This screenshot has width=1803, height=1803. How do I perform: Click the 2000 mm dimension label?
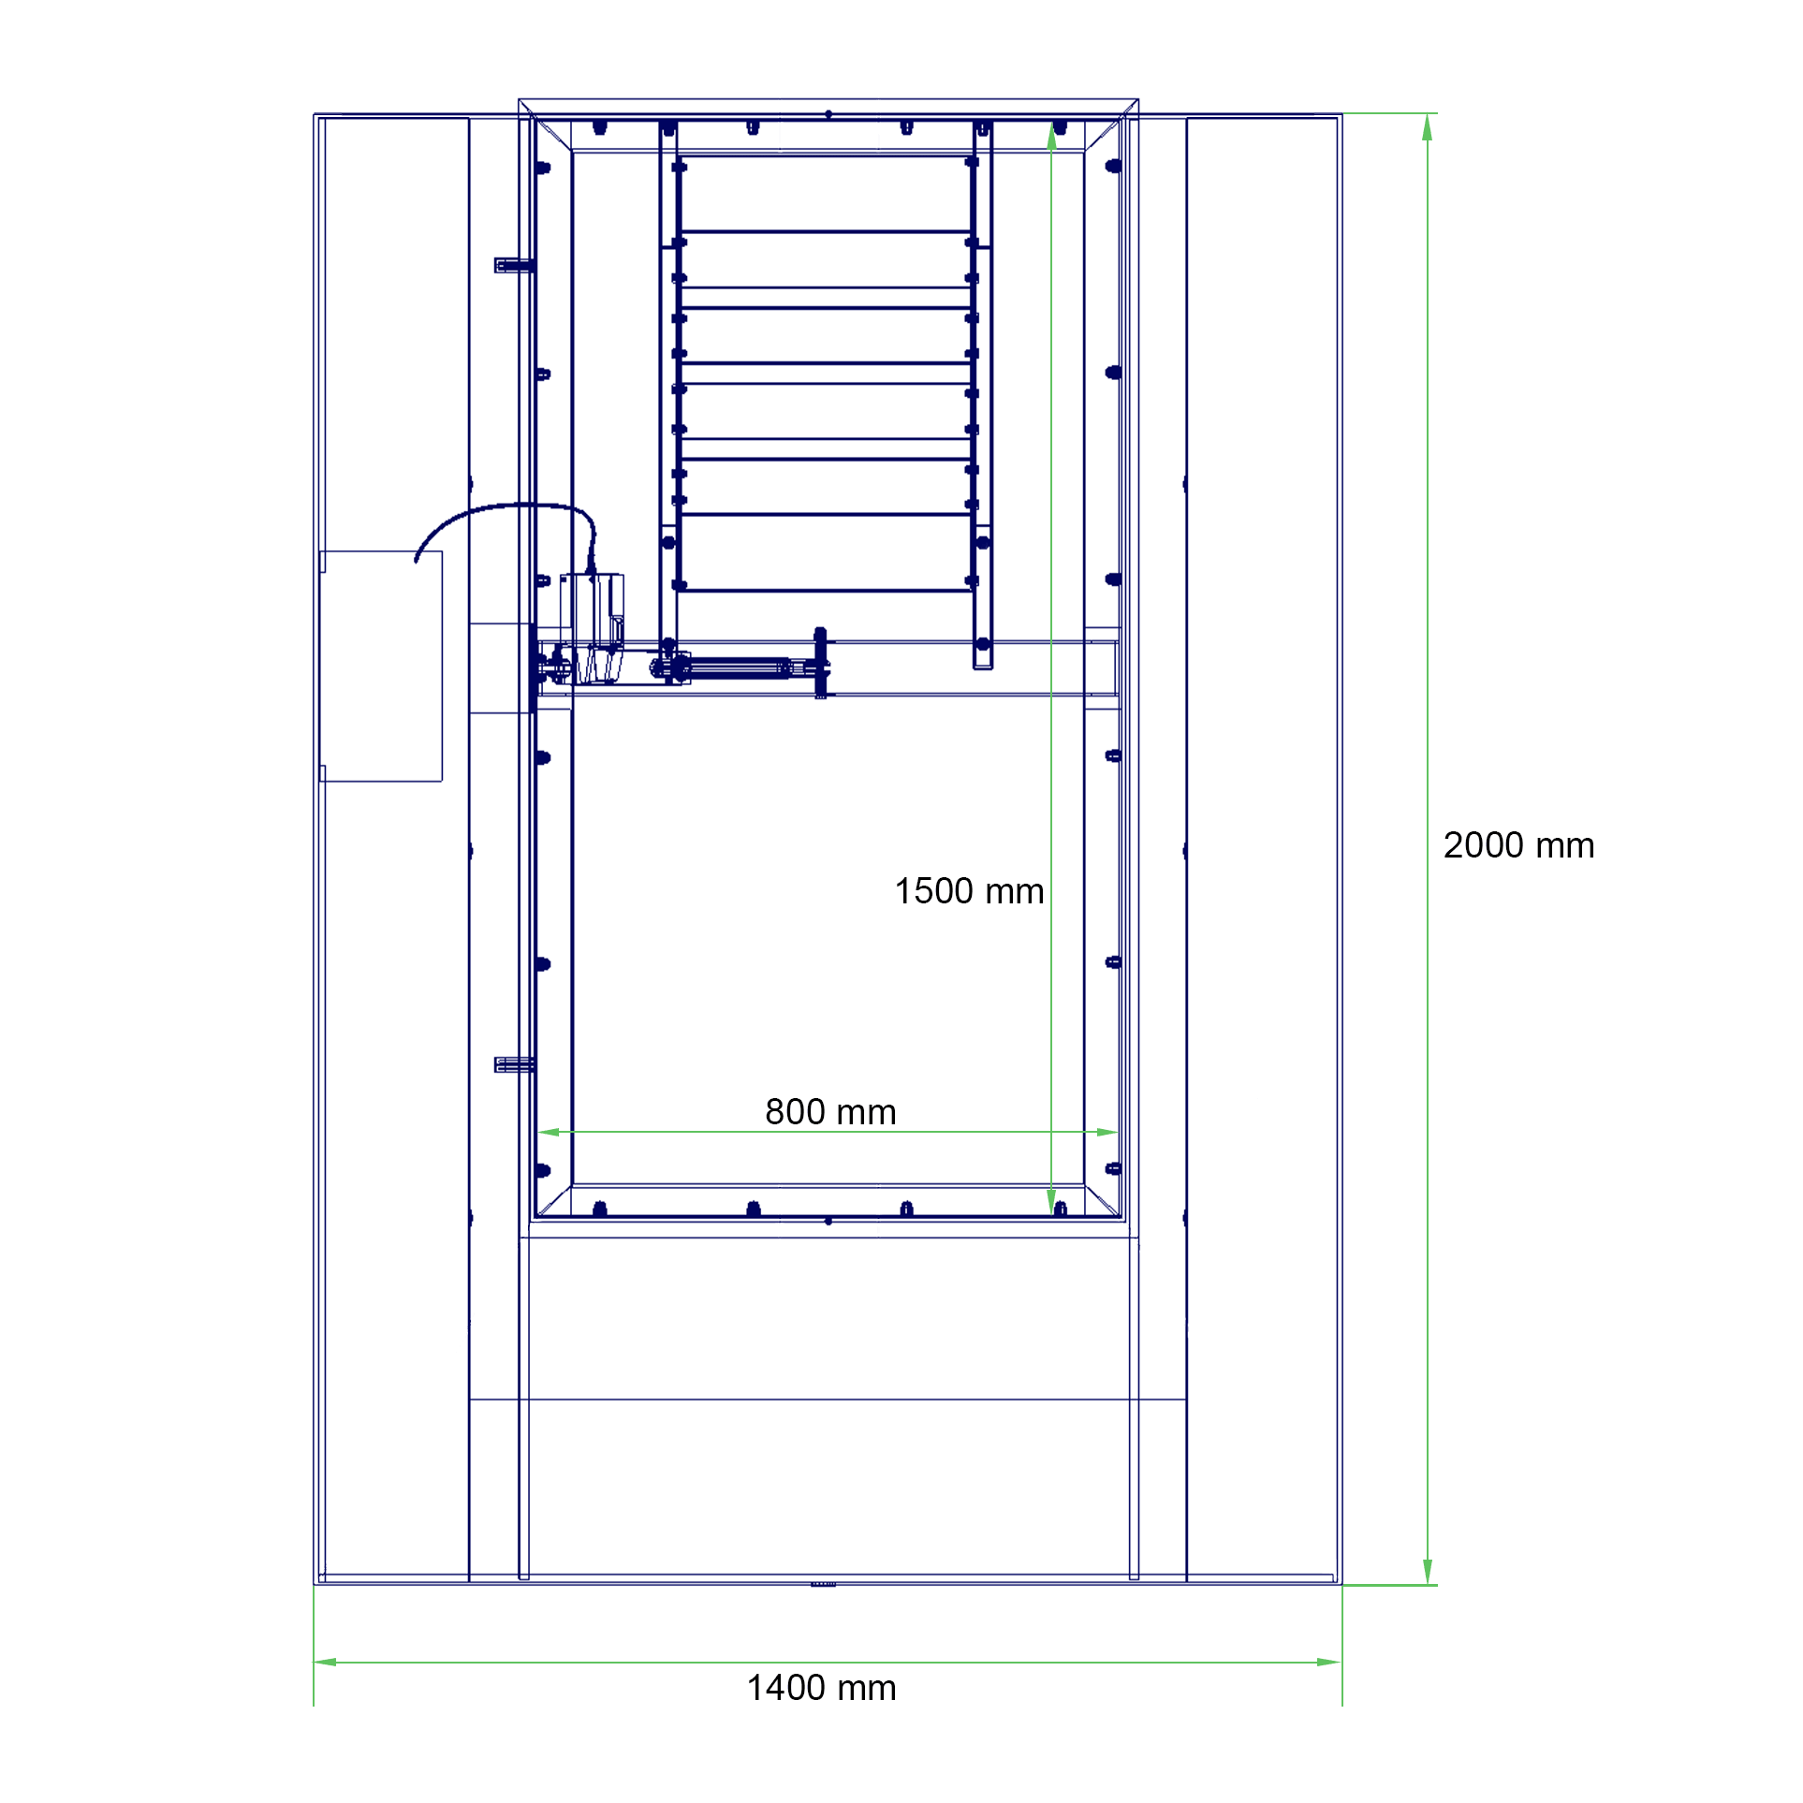point(1518,845)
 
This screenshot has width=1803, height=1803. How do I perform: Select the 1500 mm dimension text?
point(969,891)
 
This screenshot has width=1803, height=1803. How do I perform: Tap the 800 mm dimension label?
point(830,1112)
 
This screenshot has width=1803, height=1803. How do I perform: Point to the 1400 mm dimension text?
point(821,1688)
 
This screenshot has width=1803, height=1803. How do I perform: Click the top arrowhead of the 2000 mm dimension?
point(1427,127)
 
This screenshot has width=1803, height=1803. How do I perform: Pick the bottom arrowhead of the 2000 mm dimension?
point(1427,1572)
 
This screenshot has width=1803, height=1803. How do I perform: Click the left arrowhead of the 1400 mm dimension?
point(326,1663)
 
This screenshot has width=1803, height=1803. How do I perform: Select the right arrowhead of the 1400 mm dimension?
point(1329,1663)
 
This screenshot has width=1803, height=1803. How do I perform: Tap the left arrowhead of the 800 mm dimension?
point(550,1132)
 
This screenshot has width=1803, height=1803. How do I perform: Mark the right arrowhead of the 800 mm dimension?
point(1107,1132)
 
